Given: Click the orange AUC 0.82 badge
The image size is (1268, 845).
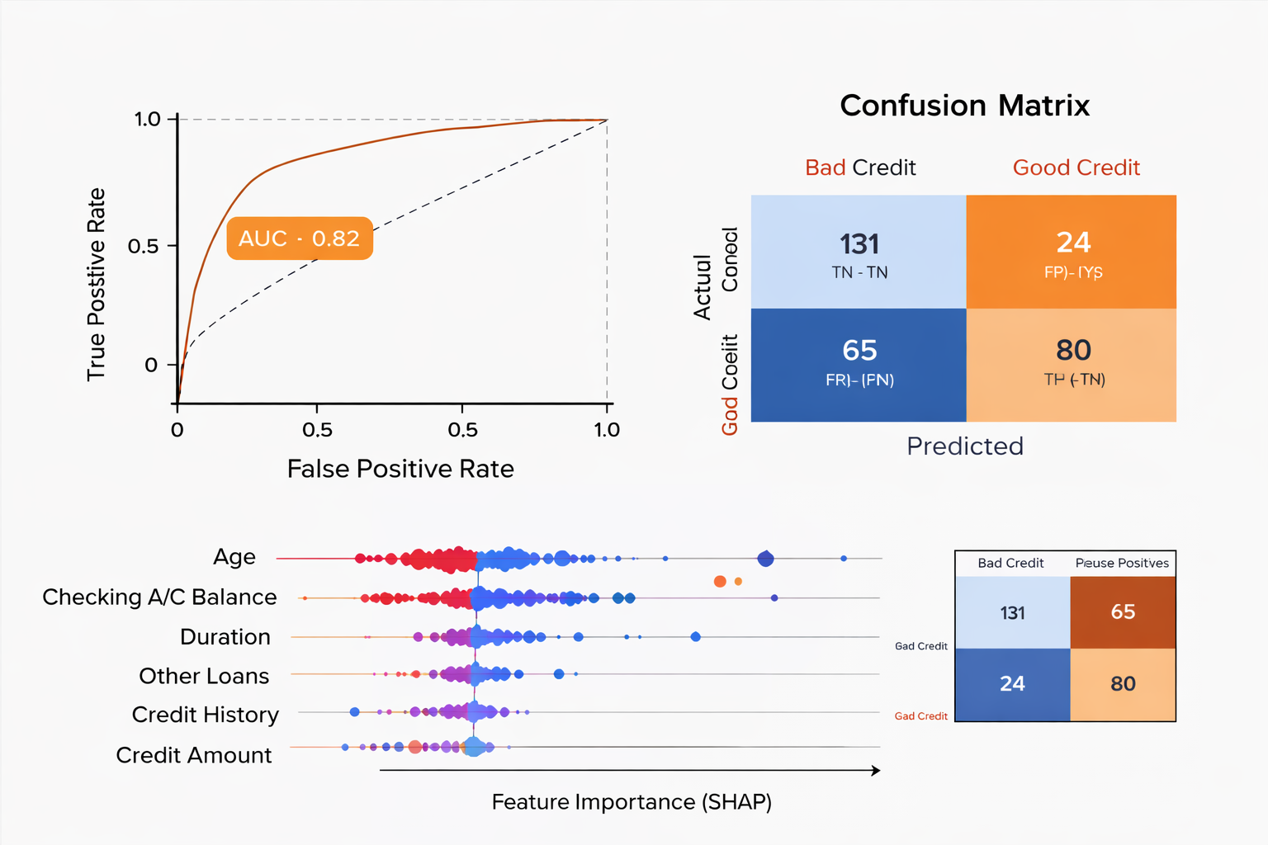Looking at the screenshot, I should [300, 238].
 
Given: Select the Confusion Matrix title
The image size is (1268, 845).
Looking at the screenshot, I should [964, 106].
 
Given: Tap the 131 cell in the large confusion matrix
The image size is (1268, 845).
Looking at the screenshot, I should [859, 252].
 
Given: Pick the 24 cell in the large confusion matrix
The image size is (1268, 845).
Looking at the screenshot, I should [1072, 252].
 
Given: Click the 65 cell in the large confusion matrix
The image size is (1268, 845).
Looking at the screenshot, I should [859, 365].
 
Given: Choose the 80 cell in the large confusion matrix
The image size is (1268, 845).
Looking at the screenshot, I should [1072, 365].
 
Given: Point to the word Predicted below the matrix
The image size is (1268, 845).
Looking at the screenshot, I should [964, 446].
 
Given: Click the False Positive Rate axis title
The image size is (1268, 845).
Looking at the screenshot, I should [400, 469].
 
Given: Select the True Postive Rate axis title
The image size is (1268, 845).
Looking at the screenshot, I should [97, 285].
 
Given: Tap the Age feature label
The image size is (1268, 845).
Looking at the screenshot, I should [234, 557].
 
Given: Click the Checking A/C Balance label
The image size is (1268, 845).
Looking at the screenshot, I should [159, 597].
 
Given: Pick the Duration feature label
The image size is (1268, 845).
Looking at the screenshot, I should [225, 637].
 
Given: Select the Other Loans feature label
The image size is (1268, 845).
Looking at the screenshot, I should [204, 676].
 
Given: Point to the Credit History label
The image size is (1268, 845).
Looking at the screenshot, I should [206, 715].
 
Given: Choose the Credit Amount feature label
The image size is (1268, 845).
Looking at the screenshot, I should [194, 755].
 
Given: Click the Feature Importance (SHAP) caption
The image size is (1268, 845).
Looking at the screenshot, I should [632, 802].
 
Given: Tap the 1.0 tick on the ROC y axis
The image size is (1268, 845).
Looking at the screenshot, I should [148, 120].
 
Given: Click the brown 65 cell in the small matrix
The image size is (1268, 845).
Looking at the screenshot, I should [1123, 612].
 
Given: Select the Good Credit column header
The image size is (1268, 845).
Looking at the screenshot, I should [1076, 168].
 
